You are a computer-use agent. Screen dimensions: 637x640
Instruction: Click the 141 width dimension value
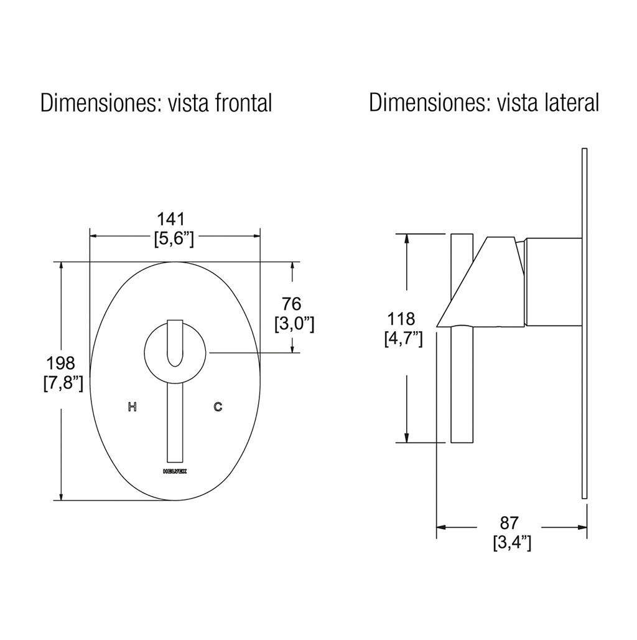click(171, 219)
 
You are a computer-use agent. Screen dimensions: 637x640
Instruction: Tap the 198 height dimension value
click(60, 362)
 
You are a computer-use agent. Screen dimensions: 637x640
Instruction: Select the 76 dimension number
click(291, 304)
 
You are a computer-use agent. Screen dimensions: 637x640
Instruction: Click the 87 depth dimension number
click(509, 523)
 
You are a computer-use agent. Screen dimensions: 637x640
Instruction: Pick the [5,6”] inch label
click(174, 239)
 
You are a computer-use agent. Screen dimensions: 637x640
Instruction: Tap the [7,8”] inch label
click(63, 384)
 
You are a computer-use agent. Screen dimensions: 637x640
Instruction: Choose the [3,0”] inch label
click(294, 324)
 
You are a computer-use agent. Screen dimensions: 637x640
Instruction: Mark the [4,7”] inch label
click(403, 339)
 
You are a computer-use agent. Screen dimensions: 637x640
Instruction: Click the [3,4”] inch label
click(512, 544)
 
